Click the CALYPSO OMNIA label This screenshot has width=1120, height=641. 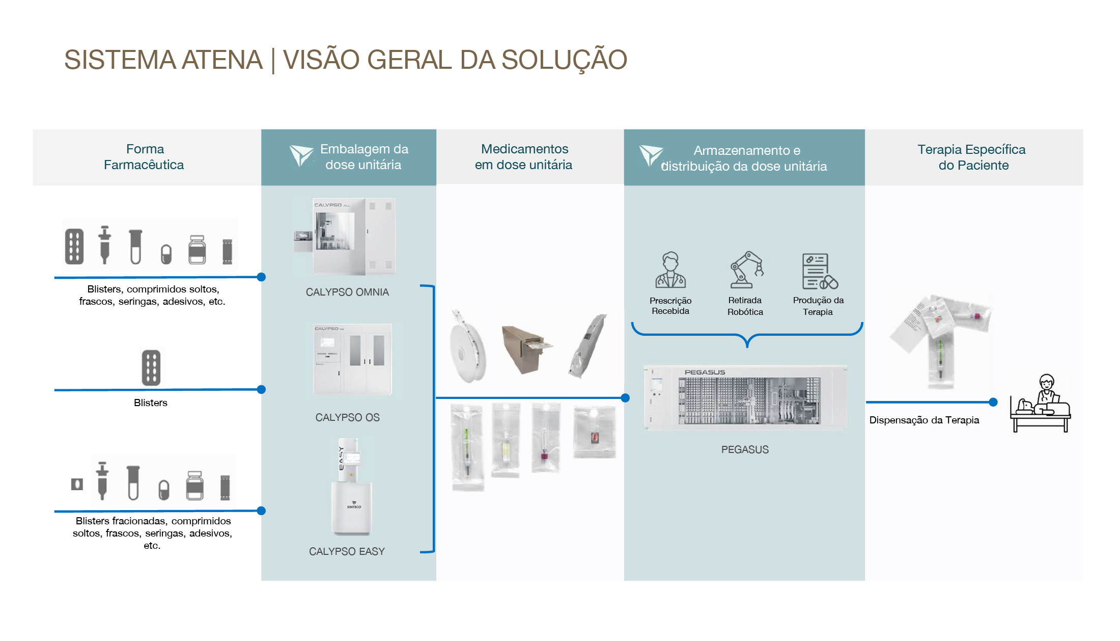coord(347,292)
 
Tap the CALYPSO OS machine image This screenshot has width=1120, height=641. coord(353,359)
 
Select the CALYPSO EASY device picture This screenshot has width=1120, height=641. coord(351,487)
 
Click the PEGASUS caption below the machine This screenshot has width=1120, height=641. coord(745,449)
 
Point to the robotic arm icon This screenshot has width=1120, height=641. coord(746,270)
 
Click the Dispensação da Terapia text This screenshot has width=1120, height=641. coord(924,420)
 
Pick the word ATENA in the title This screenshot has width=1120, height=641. coord(222,60)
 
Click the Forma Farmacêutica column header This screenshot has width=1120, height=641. coord(145,157)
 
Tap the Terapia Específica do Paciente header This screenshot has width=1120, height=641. coord(972,157)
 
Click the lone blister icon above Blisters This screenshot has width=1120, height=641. coord(151,367)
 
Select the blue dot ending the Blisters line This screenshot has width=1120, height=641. coord(261,389)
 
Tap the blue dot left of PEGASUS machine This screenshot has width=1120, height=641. coord(625,398)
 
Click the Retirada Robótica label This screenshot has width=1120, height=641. coord(745,306)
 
